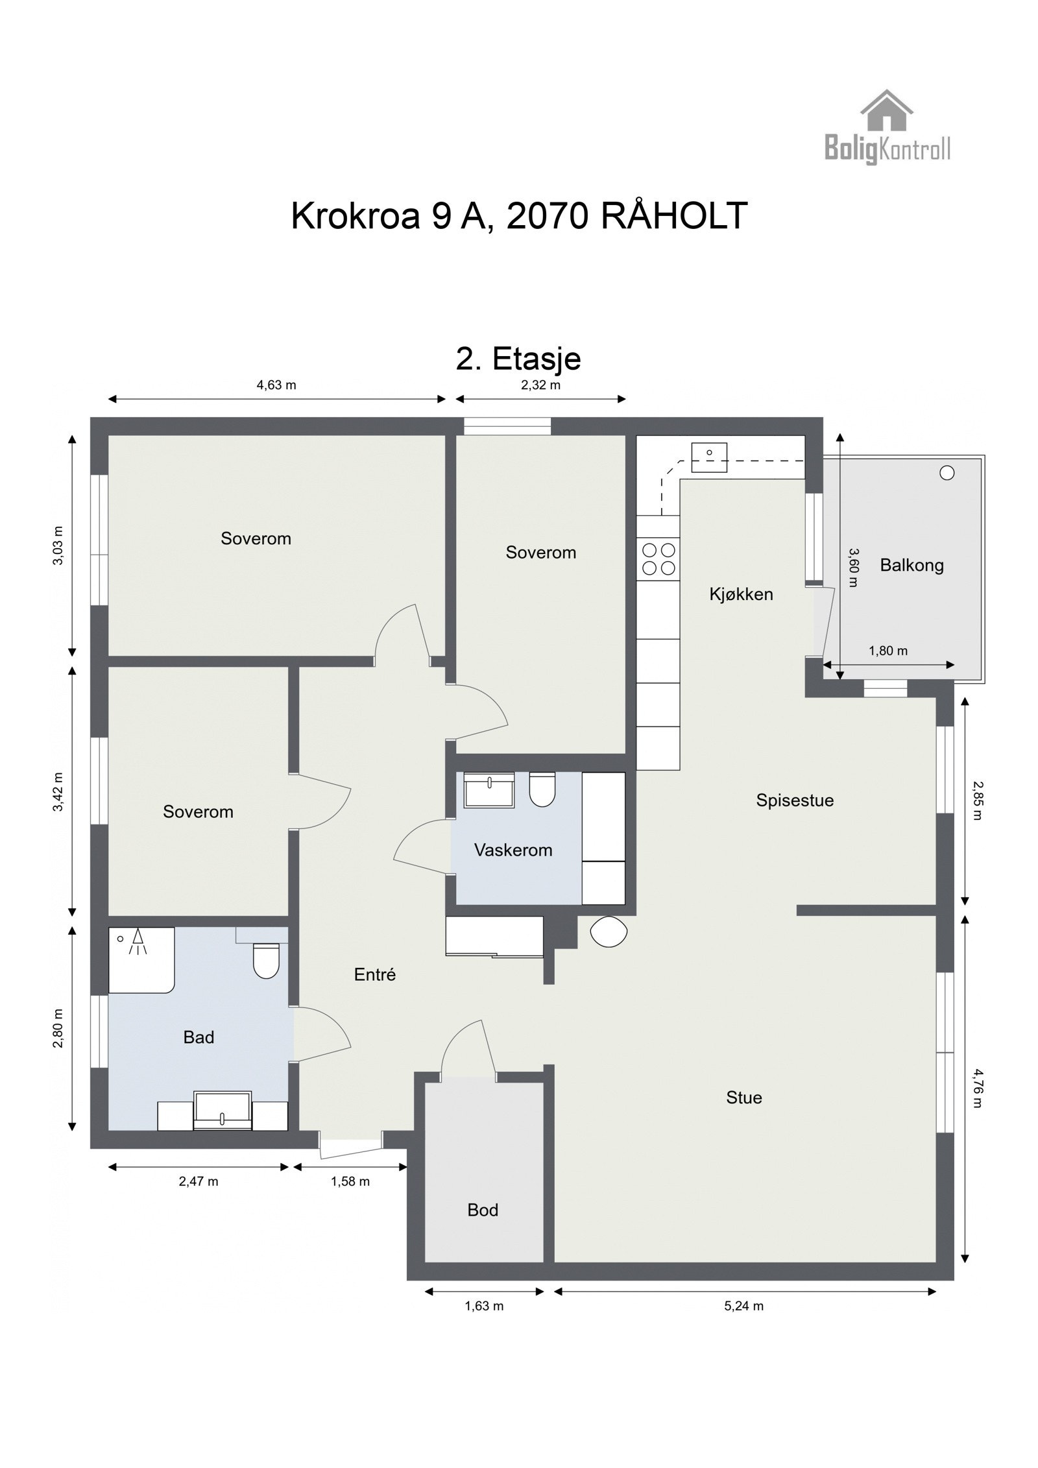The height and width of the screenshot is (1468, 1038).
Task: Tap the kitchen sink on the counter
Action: coord(708,457)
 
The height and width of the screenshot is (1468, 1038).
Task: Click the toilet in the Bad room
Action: coord(265,961)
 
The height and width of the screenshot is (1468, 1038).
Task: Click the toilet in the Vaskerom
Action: coord(542,789)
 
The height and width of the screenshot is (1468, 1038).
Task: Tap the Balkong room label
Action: coord(911,565)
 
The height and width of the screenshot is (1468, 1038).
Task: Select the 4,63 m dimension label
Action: coord(276,385)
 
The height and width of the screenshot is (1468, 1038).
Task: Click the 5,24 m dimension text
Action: coord(743,1306)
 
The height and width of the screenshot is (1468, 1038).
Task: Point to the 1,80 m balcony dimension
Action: coord(887,651)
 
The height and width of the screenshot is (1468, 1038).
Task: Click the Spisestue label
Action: coord(794,800)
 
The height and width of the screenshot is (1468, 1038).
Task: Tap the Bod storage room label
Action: coord(483,1210)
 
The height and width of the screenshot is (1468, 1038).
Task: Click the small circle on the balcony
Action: coord(947,473)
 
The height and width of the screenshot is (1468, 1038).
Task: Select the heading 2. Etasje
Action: coord(518,359)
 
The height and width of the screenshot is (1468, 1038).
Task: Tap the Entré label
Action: coord(374,974)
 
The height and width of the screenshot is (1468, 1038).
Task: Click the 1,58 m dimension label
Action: coord(350,1181)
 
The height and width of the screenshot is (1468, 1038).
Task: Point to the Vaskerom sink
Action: coord(489,789)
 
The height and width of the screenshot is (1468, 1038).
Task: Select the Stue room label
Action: coord(743,1098)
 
